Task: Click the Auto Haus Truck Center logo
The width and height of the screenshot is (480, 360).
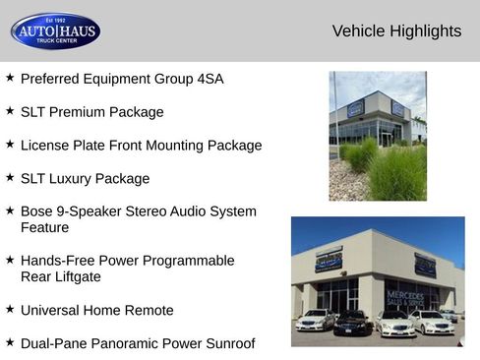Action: [x=55, y=31]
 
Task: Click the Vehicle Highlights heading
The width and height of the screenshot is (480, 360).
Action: [x=396, y=31]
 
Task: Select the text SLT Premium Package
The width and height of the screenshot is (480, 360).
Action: [x=91, y=112]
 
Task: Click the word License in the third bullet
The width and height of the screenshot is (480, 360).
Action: [x=46, y=146]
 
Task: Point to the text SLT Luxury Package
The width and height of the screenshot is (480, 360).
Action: [x=85, y=179]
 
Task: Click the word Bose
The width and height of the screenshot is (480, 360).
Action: [x=38, y=211]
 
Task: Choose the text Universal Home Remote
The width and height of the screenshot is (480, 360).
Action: [x=96, y=311]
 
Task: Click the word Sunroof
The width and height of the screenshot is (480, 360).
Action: [x=225, y=344]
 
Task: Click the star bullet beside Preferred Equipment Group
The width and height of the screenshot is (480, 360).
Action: [x=10, y=77]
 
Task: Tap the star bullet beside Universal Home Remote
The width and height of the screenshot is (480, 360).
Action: [x=10, y=309]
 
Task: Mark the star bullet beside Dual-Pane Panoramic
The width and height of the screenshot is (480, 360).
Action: [x=10, y=342]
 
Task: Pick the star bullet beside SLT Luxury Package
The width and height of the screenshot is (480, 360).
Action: [x=10, y=177]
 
